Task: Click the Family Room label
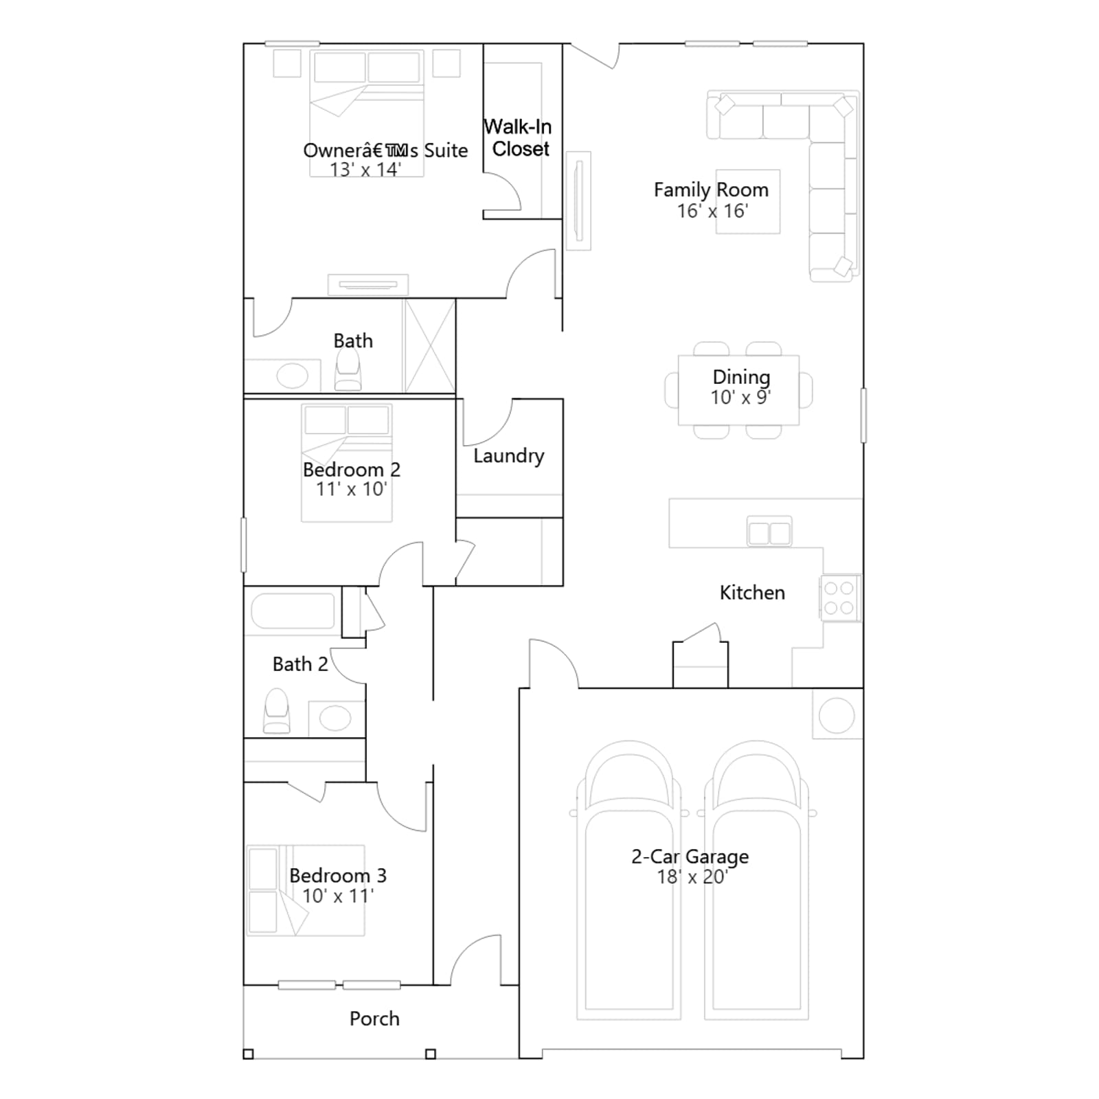pyautogui.click(x=711, y=190)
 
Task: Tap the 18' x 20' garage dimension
pyautogui.click(x=692, y=877)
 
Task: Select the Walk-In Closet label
pyautogui.click(x=518, y=137)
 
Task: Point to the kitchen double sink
pyautogui.click(x=769, y=532)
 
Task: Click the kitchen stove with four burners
pyautogui.click(x=839, y=598)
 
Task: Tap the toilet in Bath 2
pyautogui.click(x=276, y=711)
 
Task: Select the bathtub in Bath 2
pyautogui.click(x=293, y=611)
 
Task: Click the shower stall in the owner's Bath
pyautogui.click(x=429, y=345)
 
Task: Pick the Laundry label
pyautogui.click(x=508, y=456)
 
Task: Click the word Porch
pyautogui.click(x=374, y=1019)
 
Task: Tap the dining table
pyautogui.click(x=738, y=390)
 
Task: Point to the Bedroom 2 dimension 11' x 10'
pyautogui.click(x=351, y=489)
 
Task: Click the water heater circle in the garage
pyautogui.click(x=837, y=716)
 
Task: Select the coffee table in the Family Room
pyautogui.click(x=748, y=201)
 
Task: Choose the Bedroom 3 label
pyautogui.click(x=338, y=876)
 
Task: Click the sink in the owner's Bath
pyautogui.click(x=292, y=376)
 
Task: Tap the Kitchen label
pyautogui.click(x=752, y=593)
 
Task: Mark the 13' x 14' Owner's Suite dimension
pyautogui.click(x=365, y=170)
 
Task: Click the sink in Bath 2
pyautogui.click(x=336, y=718)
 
